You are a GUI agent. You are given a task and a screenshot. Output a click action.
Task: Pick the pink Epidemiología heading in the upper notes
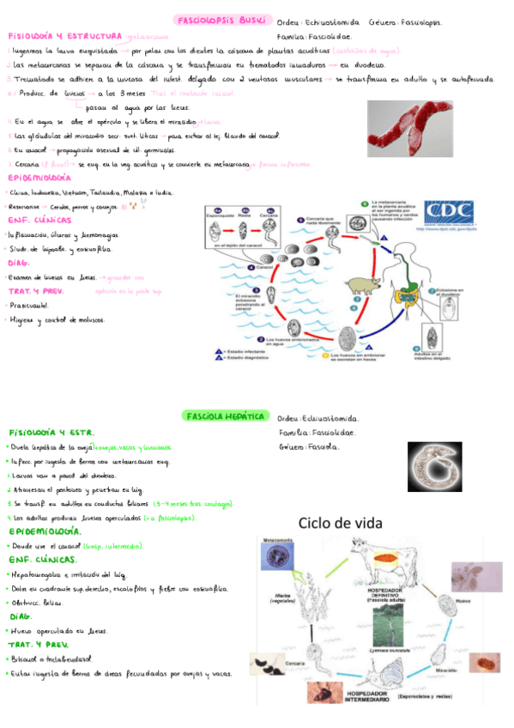click(40, 178)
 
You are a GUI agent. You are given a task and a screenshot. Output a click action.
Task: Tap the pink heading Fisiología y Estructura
click(63, 37)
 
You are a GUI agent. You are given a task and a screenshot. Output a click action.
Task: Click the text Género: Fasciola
click(309, 447)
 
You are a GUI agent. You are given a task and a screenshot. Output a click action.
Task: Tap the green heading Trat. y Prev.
click(38, 644)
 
